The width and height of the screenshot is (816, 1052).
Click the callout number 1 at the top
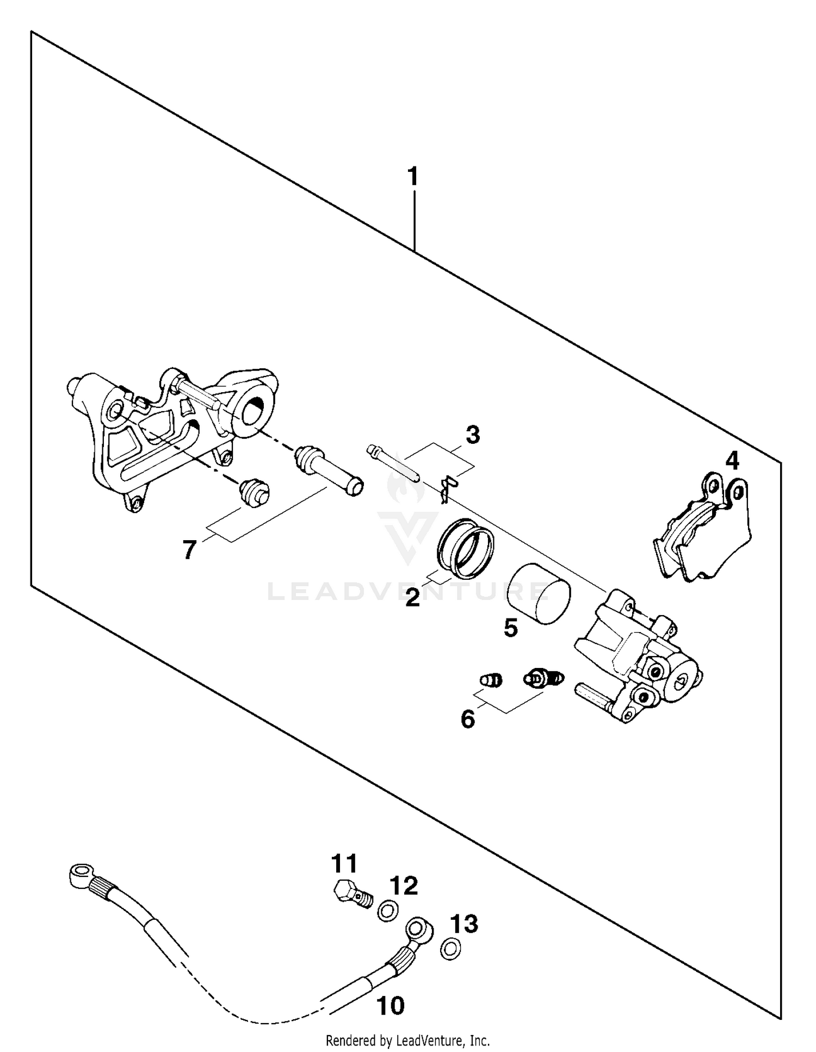point(413,177)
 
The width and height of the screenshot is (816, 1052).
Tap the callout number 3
point(472,435)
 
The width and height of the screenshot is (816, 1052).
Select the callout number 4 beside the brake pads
point(732,461)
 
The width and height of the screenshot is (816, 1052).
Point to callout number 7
point(189,550)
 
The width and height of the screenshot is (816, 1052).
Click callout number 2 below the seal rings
point(413,598)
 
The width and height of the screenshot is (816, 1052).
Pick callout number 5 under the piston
point(511,628)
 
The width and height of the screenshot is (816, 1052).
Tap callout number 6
point(468,719)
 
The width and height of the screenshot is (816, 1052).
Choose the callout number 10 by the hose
point(391,1006)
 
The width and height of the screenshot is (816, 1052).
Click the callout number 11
point(344,863)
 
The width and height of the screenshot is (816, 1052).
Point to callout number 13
point(464,924)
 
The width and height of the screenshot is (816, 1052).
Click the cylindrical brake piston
point(539,595)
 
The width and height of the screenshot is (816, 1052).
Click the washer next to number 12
point(388,911)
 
